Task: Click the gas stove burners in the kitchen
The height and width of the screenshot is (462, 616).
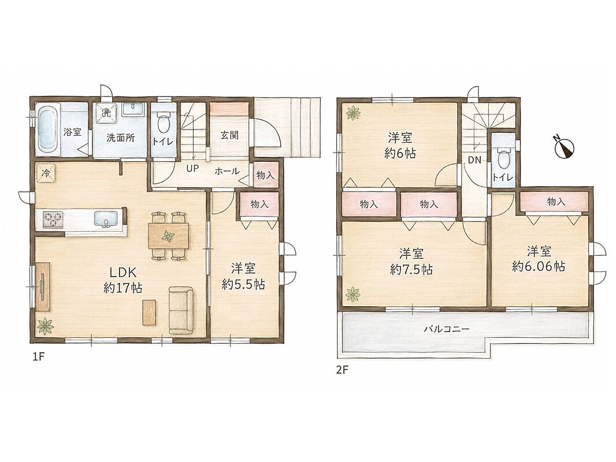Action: click(53, 219)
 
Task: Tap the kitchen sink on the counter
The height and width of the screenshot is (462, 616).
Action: click(105, 219)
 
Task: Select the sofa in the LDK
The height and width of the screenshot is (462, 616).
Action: click(181, 310)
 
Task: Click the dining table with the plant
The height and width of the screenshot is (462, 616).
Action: click(169, 236)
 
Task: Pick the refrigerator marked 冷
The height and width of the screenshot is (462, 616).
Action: click(46, 173)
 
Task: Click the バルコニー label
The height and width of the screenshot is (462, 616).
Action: click(446, 329)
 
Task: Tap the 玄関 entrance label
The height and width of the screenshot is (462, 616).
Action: click(229, 135)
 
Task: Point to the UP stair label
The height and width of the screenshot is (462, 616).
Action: click(192, 169)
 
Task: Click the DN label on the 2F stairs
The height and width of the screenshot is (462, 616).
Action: click(474, 161)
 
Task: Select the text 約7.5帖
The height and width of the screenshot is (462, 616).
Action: click(411, 270)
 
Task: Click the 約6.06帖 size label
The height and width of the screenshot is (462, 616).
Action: click(539, 267)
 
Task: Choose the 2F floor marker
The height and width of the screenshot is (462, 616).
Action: click(342, 371)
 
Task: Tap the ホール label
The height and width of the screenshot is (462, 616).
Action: click(227, 171)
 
